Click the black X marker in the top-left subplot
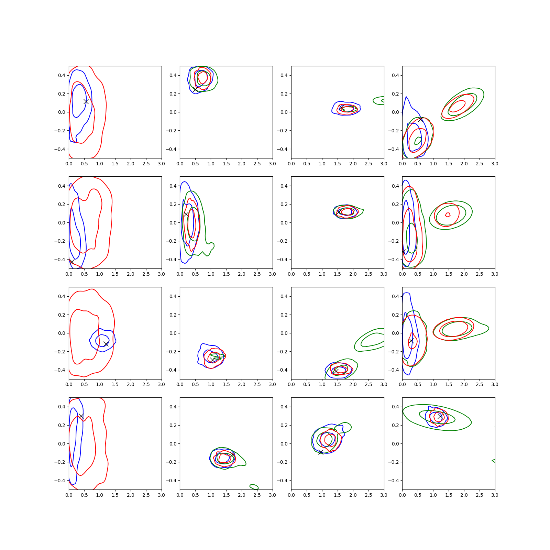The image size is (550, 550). coord(86,101)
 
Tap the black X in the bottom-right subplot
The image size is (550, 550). coord(440,416)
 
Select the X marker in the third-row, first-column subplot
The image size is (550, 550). coord(106,344)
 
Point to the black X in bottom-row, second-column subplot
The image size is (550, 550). coord(233,454)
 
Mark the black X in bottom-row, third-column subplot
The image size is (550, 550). coord(321,452)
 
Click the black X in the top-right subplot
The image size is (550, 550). coord(421,119)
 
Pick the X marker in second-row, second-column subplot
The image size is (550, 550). coord(186,214)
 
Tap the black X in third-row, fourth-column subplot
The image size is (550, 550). coord(411,341)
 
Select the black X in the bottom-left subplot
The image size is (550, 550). coord(81,416)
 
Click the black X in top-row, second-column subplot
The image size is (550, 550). coord(195,89)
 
